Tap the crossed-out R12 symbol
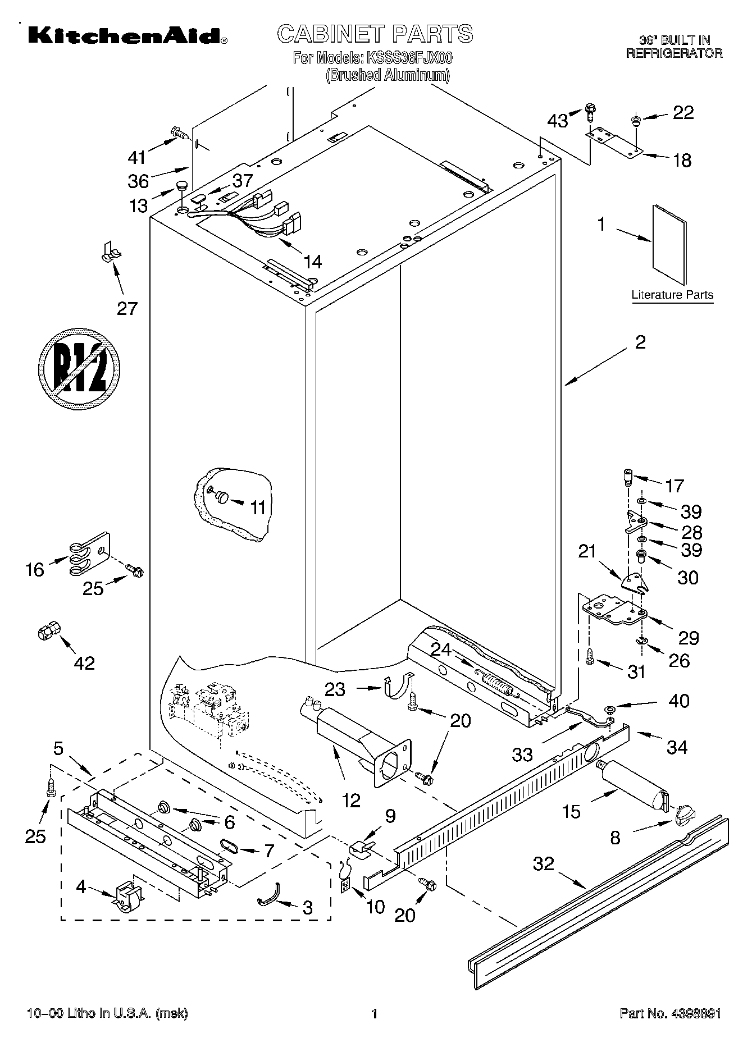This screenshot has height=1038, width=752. [80, 368]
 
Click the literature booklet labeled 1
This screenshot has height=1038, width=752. [669, 244]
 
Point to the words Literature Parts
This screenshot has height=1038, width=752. [672, 295]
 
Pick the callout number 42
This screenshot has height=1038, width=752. [84, 663]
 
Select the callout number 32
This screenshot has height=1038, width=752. [543, 864]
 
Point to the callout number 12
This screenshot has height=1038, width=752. [351, 800]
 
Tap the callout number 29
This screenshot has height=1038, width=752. [689, 638]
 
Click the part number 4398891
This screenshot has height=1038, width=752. [694, 1014]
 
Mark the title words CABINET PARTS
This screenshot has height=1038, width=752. [375, 34]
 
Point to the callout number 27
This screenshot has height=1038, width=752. [127, 308]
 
